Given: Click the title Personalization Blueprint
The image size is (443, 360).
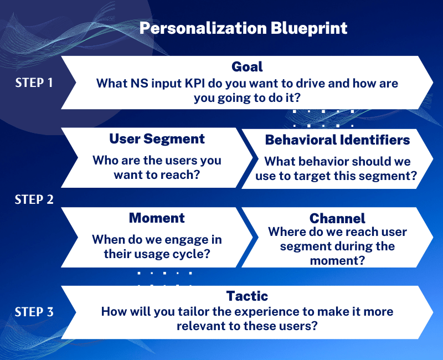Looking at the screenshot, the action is pos(243,29).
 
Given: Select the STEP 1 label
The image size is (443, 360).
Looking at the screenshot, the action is pos(34,83).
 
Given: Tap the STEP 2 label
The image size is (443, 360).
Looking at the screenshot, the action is pos(34,199).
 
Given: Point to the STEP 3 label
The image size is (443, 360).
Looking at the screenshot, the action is pos(34,312).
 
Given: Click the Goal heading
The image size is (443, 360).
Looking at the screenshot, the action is pos(247,67).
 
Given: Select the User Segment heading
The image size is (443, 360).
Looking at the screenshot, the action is pos(157,139).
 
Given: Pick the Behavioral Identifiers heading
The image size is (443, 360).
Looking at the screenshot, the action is pos(337,140).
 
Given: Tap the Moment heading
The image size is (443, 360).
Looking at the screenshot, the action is pos(157,218).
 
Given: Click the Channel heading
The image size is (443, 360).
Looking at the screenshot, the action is pos(337,218).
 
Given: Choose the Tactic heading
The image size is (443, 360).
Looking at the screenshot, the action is pos(247,296).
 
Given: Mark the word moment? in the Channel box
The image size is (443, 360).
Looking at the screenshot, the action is pos(337,260).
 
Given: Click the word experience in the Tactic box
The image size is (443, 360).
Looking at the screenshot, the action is pos(256,312).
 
